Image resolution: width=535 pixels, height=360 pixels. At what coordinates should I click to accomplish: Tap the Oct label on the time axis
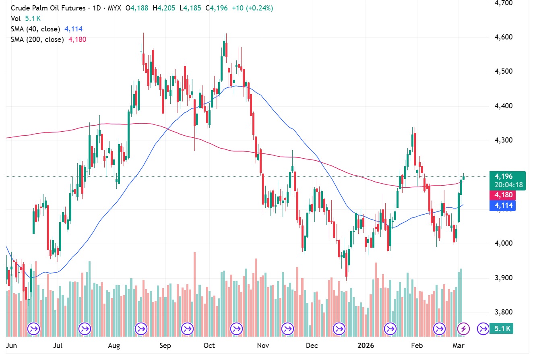point(209,346)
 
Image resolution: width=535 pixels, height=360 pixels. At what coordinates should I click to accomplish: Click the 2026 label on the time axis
point(366,346)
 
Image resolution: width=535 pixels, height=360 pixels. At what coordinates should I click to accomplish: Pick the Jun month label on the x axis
point(12,346)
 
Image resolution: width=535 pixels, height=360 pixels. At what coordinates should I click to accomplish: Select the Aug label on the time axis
point(115,346)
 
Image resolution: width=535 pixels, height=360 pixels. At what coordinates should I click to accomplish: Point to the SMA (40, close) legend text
point(35,29)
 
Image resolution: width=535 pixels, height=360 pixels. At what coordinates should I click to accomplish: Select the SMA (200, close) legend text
point(37,39)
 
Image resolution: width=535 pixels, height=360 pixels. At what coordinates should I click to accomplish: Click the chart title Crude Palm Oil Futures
point(48,8)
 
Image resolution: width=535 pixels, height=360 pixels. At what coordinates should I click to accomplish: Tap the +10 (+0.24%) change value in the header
point(252,8)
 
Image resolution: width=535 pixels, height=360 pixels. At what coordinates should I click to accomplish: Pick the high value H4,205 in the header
point(163,8)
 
